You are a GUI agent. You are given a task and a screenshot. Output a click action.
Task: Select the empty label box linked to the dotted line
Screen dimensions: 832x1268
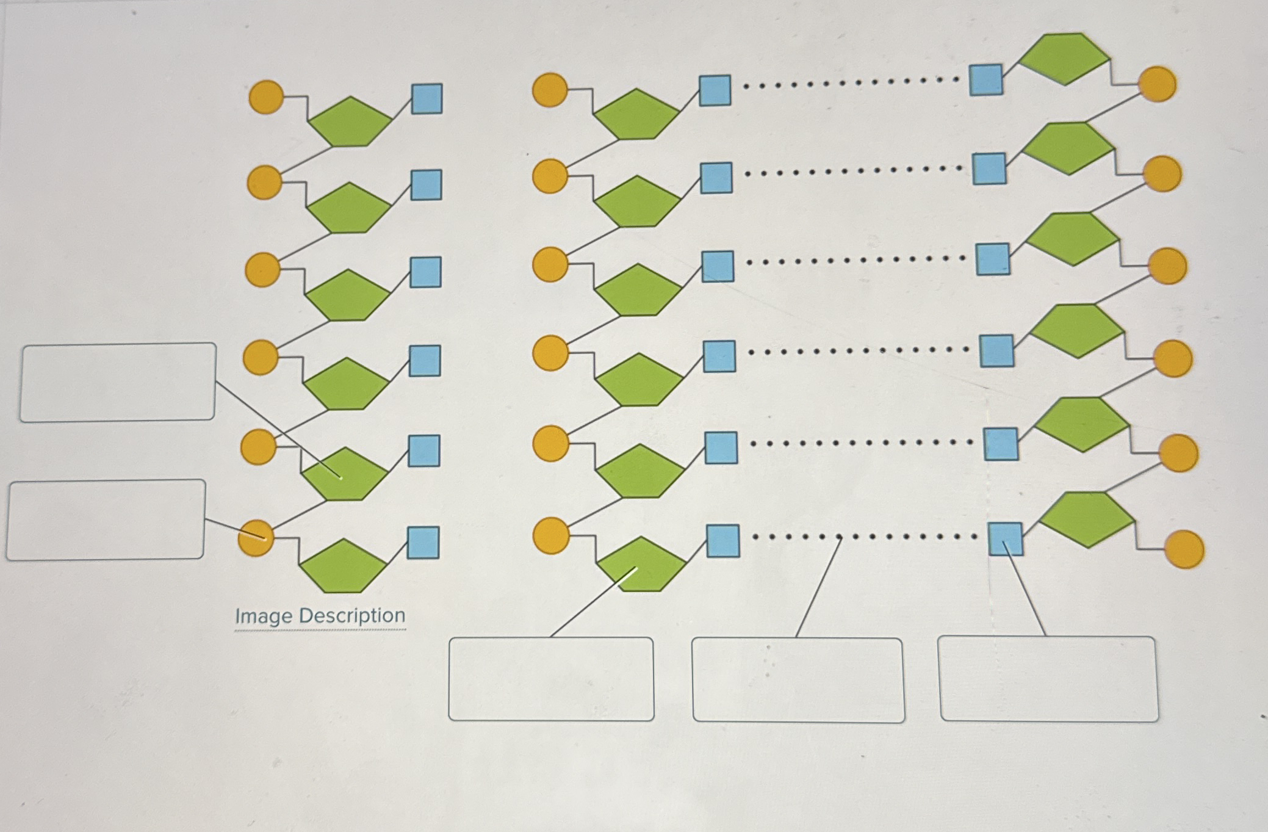(x=798, y=680)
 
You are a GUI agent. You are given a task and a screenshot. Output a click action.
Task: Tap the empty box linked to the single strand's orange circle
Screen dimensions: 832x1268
(x=106, y=519)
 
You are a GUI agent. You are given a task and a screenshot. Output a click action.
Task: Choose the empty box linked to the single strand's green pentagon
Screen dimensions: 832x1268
(x=118, y=382)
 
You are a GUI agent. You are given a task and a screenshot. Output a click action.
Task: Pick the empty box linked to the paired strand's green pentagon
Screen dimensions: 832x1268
(x=551, y=679)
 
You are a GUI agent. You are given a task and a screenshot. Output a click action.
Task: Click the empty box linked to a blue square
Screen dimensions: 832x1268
(x=1048, y=679)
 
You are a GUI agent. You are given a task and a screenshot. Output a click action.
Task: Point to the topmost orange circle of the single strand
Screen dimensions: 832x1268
(x=266, y=97)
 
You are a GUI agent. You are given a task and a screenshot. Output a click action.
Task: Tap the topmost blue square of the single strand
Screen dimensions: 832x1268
(x=427, y=99)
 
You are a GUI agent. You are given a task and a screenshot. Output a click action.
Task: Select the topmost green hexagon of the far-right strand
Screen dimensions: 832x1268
(x=1064, y=59)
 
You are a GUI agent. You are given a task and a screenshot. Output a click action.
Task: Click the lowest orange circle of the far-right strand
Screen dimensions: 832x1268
(x=1184, y=549)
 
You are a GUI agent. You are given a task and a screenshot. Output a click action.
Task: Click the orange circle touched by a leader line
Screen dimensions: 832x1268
(x=256, y=538)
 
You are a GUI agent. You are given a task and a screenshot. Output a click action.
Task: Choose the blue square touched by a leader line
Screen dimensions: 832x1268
(x=1005, y=539)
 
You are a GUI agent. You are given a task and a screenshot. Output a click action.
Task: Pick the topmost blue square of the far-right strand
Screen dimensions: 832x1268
(x=985, y=80)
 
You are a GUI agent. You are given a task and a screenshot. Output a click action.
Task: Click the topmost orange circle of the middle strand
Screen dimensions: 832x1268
(x=550, y=90)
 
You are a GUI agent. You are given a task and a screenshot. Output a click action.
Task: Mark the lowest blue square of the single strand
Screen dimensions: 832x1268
(x=423, y=543)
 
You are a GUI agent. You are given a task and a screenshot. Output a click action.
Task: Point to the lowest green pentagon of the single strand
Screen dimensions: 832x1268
(x=343, y=566)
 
